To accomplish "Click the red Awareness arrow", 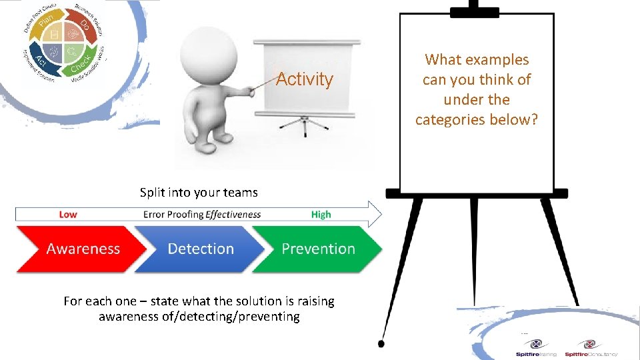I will point(80,249).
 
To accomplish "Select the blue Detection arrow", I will point(200,249).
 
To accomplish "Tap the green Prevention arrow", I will point(318,249).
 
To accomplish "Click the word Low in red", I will point(68,215).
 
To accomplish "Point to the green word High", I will point(321,215).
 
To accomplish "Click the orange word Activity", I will point(304,79).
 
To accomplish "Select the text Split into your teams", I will point(199,193).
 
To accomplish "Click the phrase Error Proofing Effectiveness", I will point(201,215).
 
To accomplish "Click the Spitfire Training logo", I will point(535,347).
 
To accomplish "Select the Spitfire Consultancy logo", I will point(590,347).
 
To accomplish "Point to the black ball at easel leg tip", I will point(381,344).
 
